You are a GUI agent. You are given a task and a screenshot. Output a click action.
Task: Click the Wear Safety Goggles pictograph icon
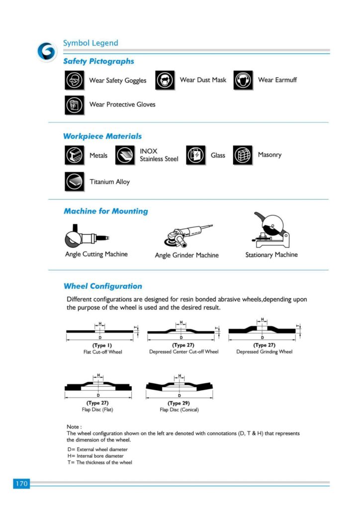(74, 80)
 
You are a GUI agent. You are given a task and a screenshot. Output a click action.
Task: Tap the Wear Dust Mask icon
(165, 80)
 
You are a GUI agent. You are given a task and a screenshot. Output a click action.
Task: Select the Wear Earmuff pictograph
(243, 80)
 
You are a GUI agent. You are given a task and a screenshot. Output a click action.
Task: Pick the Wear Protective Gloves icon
(74, 104)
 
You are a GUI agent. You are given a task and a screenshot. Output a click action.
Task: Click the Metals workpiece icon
(74, 156)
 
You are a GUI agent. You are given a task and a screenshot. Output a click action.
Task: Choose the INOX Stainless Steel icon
(125, 156)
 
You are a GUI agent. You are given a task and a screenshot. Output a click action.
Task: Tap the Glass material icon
(195, 156)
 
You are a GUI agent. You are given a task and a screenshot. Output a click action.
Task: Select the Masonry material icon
(243, 156)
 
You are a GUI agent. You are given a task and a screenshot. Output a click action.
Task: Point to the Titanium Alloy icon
(74, 181)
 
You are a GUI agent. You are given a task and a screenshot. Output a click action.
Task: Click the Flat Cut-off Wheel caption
(102, 352)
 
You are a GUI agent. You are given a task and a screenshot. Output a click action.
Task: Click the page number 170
(21, 483)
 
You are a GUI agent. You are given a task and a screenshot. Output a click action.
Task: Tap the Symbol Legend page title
(90, 43)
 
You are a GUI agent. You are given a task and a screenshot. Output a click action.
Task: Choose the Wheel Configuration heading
(102, 286)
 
